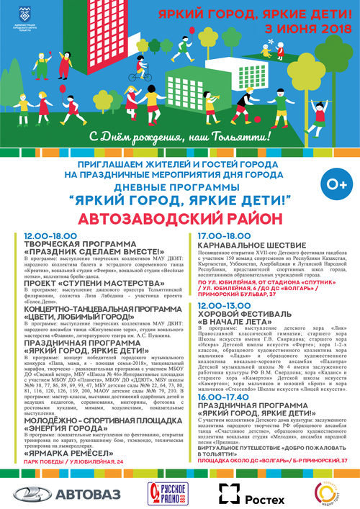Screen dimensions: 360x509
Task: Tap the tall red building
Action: pos(101,43)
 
